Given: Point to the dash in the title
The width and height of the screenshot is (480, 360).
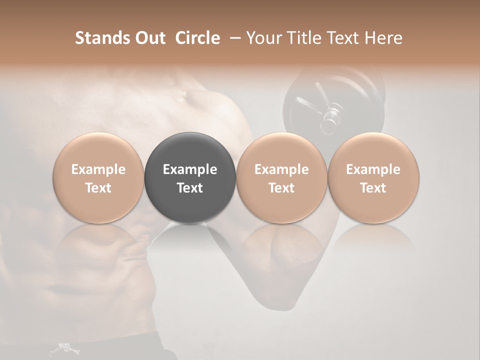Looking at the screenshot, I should pyautogui.click(x=233, y=38).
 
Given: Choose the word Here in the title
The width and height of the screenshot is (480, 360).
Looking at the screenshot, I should pyautogui.click(x=383, y=38).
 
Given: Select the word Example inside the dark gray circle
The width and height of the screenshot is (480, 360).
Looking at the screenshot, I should pyautogui.click(x=190, y=169).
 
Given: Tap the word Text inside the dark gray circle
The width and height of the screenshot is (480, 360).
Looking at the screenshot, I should pyautogui.click(x=190, y=188).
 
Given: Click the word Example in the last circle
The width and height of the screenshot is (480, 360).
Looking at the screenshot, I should pyautogui.click(x=373, y=169).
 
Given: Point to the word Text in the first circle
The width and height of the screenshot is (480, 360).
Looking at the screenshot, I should pyautogui.click(x=98, y=188).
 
